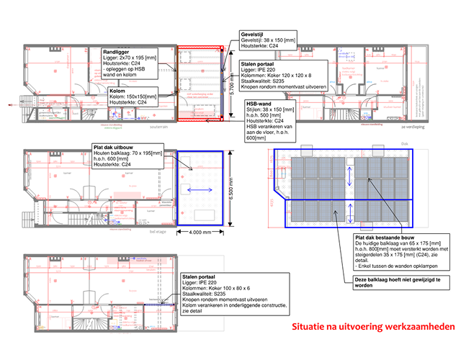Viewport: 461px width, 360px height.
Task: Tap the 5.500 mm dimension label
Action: click(232, 187)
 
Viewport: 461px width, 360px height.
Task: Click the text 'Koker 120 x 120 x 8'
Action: click(289, 76)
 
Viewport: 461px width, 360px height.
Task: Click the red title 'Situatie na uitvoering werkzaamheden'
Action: click(373, 328)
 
